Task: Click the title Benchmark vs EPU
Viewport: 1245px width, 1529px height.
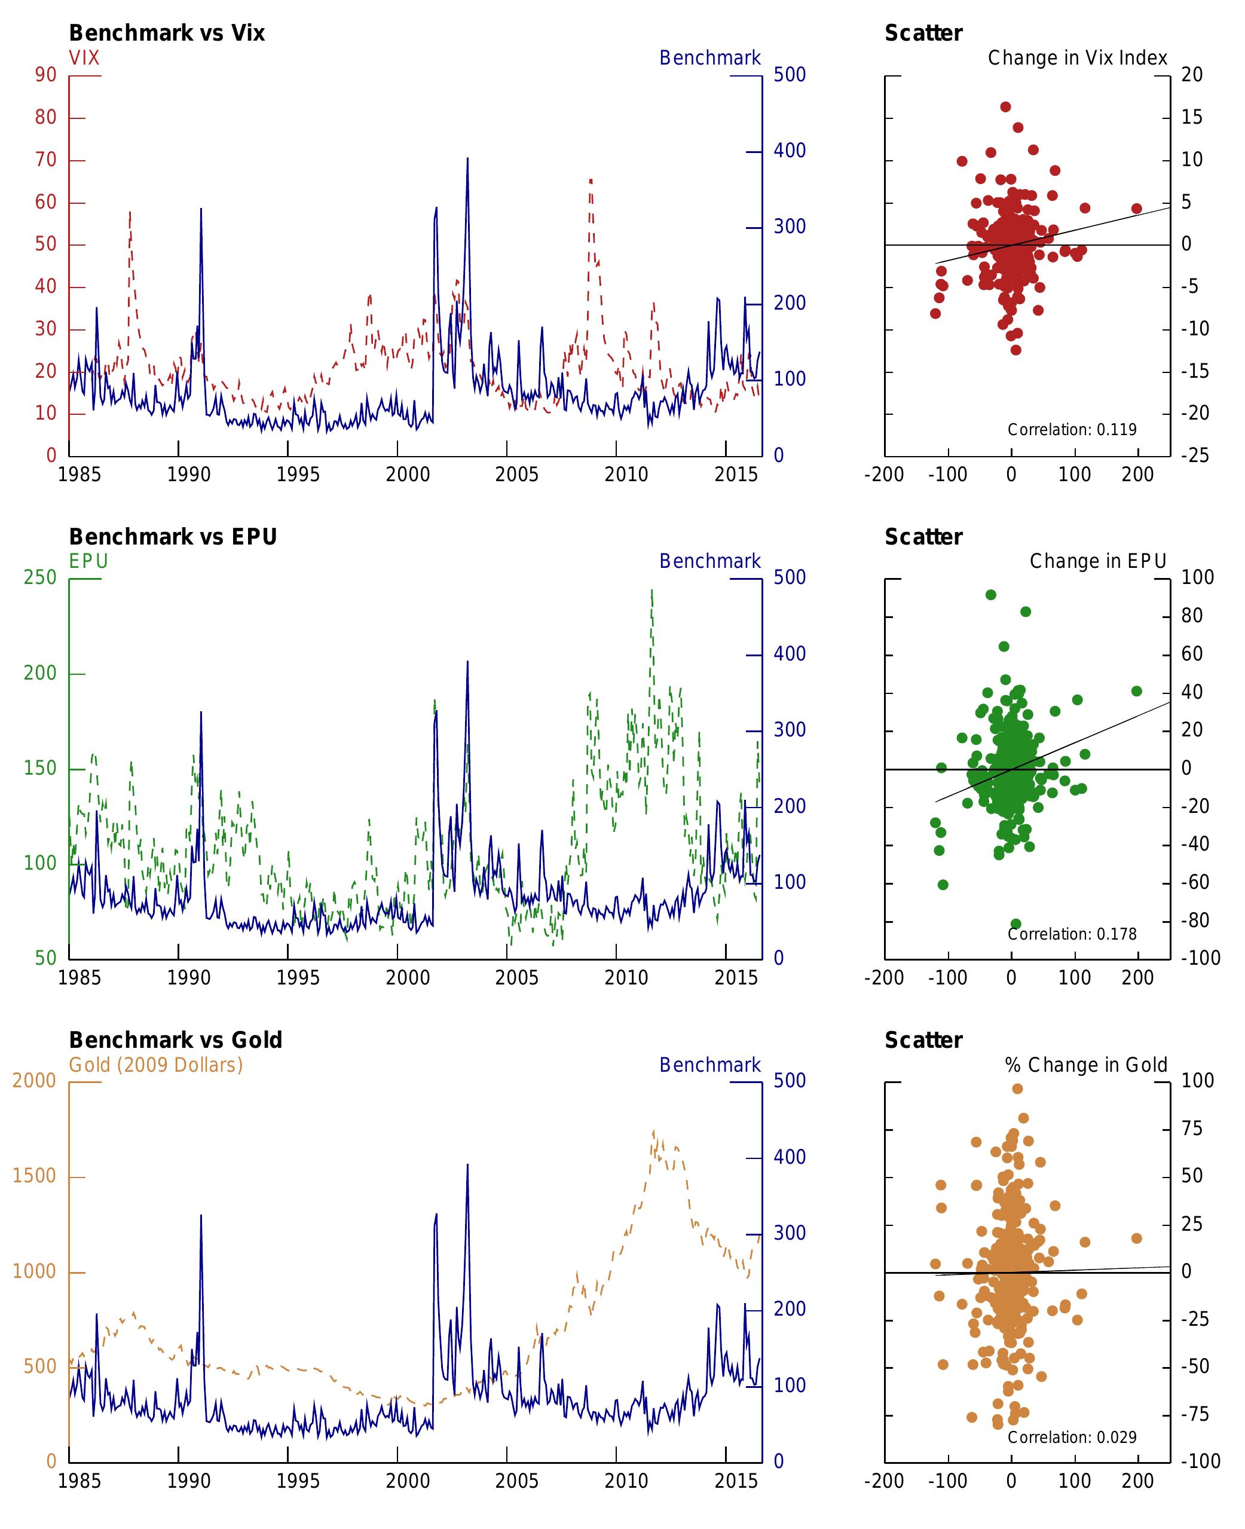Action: [173, 537]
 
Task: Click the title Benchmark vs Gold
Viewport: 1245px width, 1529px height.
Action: [175, 1041]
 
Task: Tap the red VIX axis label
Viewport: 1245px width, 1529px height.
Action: [84, 58]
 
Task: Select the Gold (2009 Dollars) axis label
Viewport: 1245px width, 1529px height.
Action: [155, 1065]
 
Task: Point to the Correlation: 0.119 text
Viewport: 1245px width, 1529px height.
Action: [1072, 430]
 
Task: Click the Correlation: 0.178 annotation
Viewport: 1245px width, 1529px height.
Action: [1072, 934]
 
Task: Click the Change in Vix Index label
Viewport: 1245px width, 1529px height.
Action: [1077, 58]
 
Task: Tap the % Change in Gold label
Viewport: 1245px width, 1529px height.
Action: [1086, 1065]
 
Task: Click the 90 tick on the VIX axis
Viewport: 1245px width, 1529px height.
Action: [45, 75]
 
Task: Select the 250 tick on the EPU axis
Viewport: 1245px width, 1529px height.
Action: [39, 577]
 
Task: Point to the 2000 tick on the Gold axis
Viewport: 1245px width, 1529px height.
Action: [33, 1081]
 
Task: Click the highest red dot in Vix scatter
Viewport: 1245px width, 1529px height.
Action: [1005, 107]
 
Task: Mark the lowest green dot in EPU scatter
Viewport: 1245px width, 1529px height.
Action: [1015, 923]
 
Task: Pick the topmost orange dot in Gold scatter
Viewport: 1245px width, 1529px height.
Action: [1017, 1088]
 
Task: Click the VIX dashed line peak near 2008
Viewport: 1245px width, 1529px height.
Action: [591, 180]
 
